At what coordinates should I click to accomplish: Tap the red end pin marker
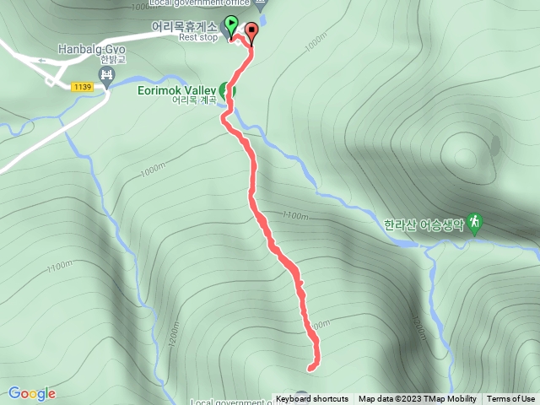coord(251,32)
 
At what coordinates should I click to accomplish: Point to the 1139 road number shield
coord(83,87)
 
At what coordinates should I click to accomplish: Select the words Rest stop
coord(198,37)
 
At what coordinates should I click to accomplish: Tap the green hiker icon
coord(475,222)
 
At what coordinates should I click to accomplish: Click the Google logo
coord(32,393)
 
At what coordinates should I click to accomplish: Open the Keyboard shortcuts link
coord(311,399)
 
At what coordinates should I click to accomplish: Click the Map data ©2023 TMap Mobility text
coord(417,399)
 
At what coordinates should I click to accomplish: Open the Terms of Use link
coord(511,399)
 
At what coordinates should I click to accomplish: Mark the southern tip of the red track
coord(310,368)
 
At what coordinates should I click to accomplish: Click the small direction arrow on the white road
coord(40,60)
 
